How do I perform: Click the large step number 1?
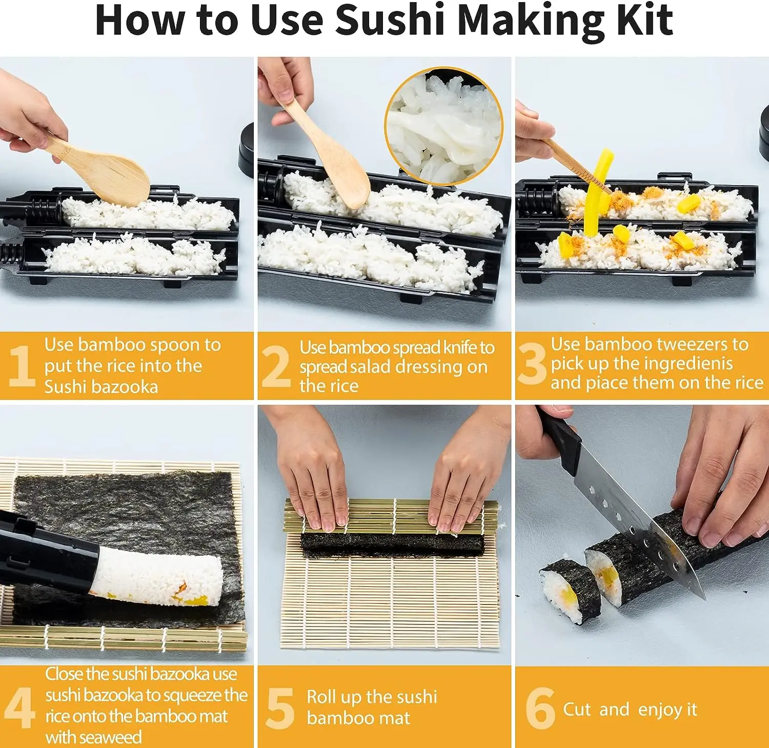click(22, 366)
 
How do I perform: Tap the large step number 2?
click(275, 366)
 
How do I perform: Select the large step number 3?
click(532, 364)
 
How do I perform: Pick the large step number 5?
click(280, 708)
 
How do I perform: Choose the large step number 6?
click(540, 708)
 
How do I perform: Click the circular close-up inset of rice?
click(443, 127)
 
